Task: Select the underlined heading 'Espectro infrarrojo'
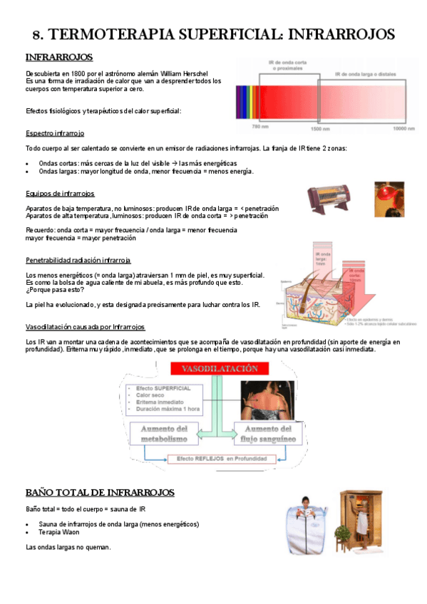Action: [x=55, y=132]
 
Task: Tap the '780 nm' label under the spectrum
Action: [x=259, y=127]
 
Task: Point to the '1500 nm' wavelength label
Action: [x=319, y=127]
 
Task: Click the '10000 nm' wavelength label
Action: [x=404, y=127]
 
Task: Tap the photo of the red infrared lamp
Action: [x=391, y=199]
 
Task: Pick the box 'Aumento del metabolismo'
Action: [x=164, y=434]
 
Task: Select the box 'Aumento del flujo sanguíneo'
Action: [x=269, y=434]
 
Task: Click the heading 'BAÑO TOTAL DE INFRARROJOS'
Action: [x=100, y=493]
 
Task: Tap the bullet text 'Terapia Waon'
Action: [x=59, y=532]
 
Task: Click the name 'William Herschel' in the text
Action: [x=182, y=73]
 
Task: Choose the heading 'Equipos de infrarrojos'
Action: [x=60, y=194]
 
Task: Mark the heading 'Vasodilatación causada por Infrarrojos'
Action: [x=85, y=327]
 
